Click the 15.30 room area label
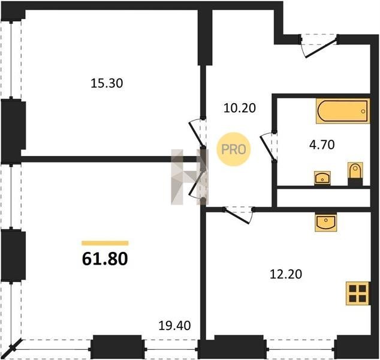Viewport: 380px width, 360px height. pos(107,83)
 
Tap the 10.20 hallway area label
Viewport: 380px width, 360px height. pos(239,108)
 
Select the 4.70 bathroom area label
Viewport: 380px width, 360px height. pos(322,145)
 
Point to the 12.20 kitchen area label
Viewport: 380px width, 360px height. pos(286,274)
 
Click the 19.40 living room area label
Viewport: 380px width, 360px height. pos(174,326)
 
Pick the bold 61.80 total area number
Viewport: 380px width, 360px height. pos(105,259)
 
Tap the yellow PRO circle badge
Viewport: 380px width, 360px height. pos(233,149)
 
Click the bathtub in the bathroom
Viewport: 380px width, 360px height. pos(343,111)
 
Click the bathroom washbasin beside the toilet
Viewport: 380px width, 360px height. pos(322,178)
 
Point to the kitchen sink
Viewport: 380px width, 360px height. pos(325,222)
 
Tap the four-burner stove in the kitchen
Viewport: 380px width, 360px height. pos(357,293)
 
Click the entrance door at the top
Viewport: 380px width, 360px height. pos(319,46)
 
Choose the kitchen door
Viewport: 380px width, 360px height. pos(239,215)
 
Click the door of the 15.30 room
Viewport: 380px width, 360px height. pos(198,133)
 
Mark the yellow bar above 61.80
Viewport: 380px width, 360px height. pos(105,243)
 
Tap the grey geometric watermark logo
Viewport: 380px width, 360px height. pos(189,177)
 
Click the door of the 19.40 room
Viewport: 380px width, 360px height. pos(198,185)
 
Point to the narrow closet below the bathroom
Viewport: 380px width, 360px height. pos(323,198)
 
